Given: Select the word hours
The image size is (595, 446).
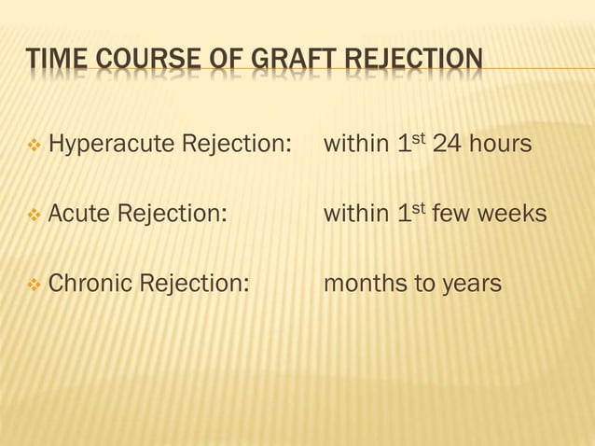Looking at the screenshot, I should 504,146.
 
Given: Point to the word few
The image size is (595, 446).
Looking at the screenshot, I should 451,214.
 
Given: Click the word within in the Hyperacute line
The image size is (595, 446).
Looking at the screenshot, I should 354,146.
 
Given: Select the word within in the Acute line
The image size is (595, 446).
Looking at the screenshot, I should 354,214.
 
